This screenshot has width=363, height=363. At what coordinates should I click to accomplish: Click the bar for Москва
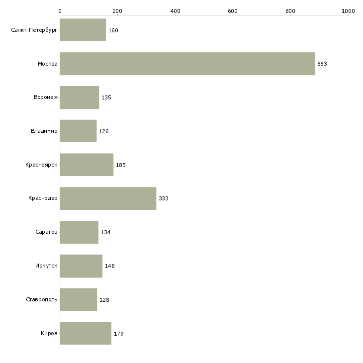tap(187, 64)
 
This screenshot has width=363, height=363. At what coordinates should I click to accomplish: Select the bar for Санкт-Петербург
tap(83, 30)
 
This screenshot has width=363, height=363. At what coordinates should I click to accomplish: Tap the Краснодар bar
tap(108, 198)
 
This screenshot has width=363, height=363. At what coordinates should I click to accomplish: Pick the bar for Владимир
tap(78, 131)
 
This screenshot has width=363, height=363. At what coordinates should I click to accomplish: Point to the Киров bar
tap(86, 333)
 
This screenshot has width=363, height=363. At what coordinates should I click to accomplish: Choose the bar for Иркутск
tap(81, 266)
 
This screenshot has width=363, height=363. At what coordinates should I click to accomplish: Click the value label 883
tap(322, 64)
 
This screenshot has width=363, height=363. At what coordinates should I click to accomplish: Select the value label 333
tap(164, 198)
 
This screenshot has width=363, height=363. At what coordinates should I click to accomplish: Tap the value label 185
tap(121, 165)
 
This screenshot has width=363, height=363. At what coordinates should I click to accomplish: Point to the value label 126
tap(104, 131)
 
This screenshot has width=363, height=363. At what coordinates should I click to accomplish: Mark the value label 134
tap(105, 232)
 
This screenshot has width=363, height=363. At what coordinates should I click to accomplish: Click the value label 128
tap(104, 300)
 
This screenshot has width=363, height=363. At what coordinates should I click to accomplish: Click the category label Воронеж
tap(46, 97)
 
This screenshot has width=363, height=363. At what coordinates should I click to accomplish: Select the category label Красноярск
tap(41, 165)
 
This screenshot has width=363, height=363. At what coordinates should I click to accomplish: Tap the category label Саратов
tap(46, 232)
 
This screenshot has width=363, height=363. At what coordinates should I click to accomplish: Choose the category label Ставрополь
tap(42, 299)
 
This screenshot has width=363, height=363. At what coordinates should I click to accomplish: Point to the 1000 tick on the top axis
tap(348, 15)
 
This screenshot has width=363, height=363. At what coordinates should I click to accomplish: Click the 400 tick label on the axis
tap(175, 11)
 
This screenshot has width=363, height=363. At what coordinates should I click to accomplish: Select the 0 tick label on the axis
tap(60, 11)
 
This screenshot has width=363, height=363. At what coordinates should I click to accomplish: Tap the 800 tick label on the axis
tap(290, 11)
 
